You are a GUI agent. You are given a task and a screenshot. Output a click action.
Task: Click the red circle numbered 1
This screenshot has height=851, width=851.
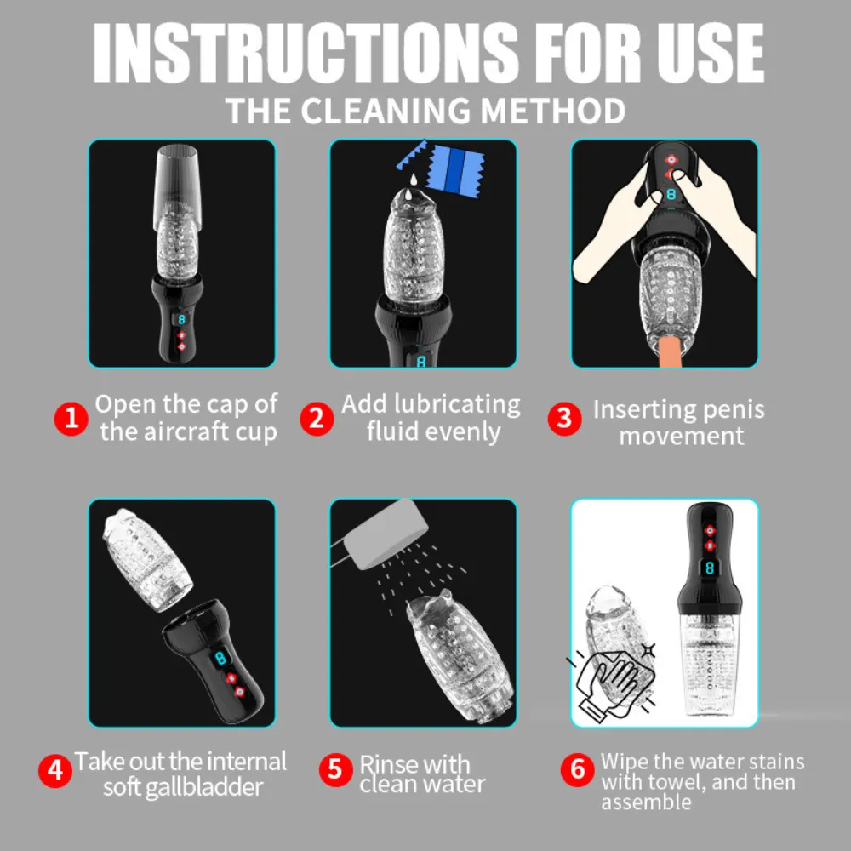(x=71, y=419)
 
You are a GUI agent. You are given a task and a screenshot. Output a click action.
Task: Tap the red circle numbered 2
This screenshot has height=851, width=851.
(x=317, y=419)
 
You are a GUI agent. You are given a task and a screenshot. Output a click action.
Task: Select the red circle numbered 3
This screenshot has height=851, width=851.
(x=564, y=419)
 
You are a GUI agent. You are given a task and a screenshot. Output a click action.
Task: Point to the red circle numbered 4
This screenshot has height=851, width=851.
(x=54, y=770)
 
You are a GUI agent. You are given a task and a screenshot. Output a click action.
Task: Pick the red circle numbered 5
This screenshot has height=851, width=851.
(x=336, y=769)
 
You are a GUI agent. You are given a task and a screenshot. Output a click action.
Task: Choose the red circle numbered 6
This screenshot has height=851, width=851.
(x=578, y=769)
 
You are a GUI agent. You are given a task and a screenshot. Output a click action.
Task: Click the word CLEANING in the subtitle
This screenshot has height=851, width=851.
(x=386, y=111)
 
